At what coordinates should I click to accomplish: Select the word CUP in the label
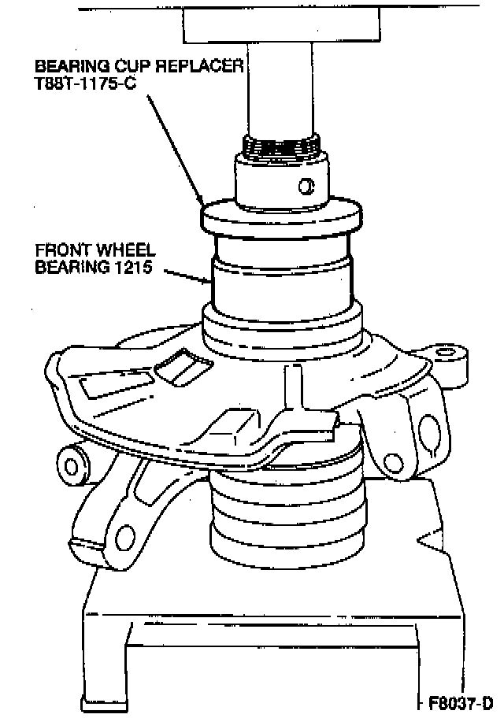132,66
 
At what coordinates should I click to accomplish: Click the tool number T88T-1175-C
86,83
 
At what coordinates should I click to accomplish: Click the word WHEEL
124,250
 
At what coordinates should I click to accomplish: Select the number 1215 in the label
134,267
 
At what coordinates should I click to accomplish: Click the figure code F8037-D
461,702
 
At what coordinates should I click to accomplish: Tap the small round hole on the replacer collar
306,186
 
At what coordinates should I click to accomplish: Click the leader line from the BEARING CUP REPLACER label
175,150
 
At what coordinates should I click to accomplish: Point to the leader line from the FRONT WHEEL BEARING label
187,276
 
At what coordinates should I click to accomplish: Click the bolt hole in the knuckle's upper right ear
443,353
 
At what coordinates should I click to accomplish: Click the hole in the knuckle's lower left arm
124,538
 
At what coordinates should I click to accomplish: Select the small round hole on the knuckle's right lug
392,462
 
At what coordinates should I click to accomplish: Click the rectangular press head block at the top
281,25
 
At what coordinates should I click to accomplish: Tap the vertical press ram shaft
280,88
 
